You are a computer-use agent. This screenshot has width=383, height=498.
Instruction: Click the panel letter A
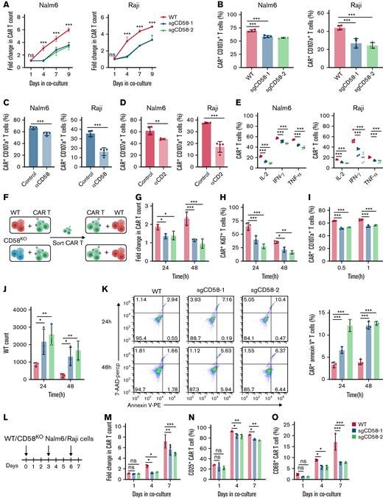5,6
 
